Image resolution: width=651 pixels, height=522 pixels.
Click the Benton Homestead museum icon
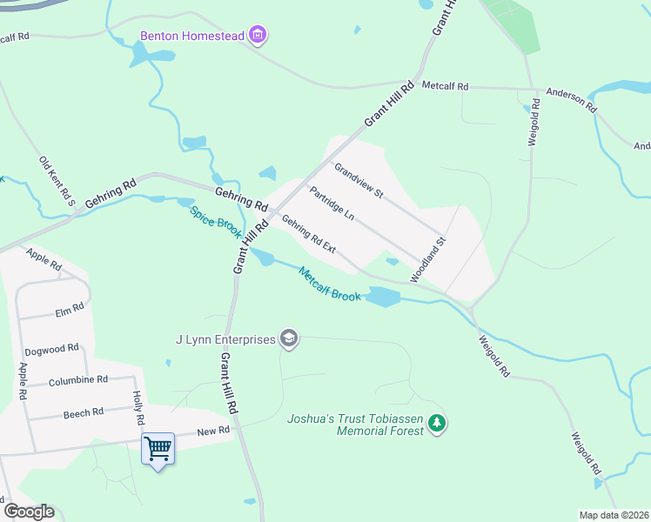tap(257, 36)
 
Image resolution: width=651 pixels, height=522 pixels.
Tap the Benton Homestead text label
tap(192, 37)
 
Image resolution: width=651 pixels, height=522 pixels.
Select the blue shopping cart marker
tap(158, 449)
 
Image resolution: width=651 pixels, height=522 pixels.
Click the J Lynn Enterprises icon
tap(289, 339)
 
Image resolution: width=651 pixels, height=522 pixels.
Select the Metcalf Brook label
tap(329, 284)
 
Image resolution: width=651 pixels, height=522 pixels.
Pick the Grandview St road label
tap(359, 180)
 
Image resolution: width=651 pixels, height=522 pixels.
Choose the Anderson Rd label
tap(571, 99)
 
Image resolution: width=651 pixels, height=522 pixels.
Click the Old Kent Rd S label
tap(58, 181)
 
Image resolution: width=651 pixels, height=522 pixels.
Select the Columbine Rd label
tap(78, 380)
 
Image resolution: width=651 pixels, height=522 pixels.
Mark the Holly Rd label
tap(138, 407)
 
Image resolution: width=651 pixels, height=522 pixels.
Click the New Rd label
tap(212, 431)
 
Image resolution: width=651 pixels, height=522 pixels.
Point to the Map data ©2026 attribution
tap(614, 515)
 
